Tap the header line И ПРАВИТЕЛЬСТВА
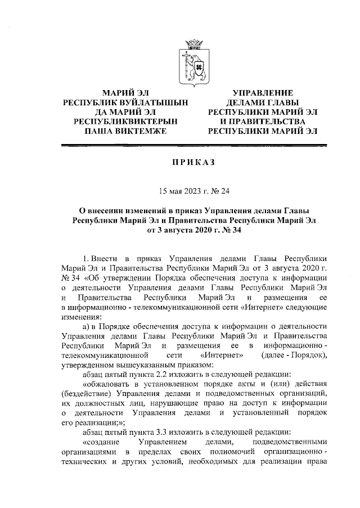pos(263,122)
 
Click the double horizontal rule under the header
pos(193,146)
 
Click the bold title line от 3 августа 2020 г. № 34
pos(193,230)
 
